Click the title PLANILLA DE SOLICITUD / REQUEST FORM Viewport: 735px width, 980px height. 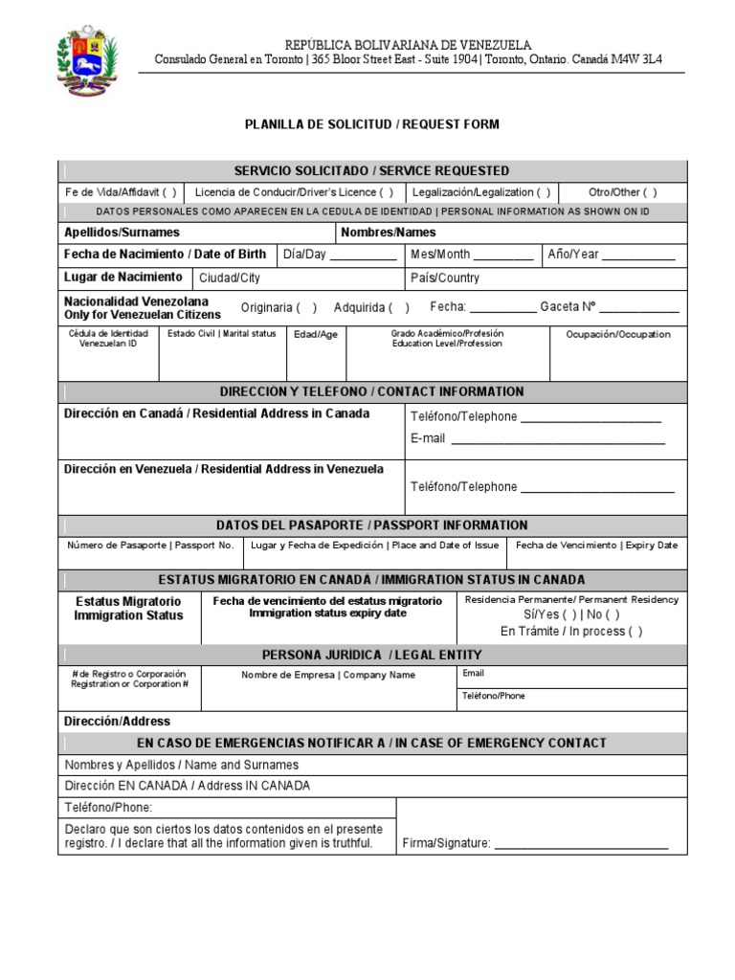372,124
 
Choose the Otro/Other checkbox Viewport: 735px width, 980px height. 650,191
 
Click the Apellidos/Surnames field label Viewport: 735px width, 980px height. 122,233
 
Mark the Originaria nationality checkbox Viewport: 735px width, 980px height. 306,307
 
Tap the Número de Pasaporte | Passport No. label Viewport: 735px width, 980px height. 150,546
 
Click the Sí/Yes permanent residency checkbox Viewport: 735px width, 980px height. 570,615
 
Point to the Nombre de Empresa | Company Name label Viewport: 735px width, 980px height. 328,675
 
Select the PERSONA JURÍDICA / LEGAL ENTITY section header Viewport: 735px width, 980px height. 372,655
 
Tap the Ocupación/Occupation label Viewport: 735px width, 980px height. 618,335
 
